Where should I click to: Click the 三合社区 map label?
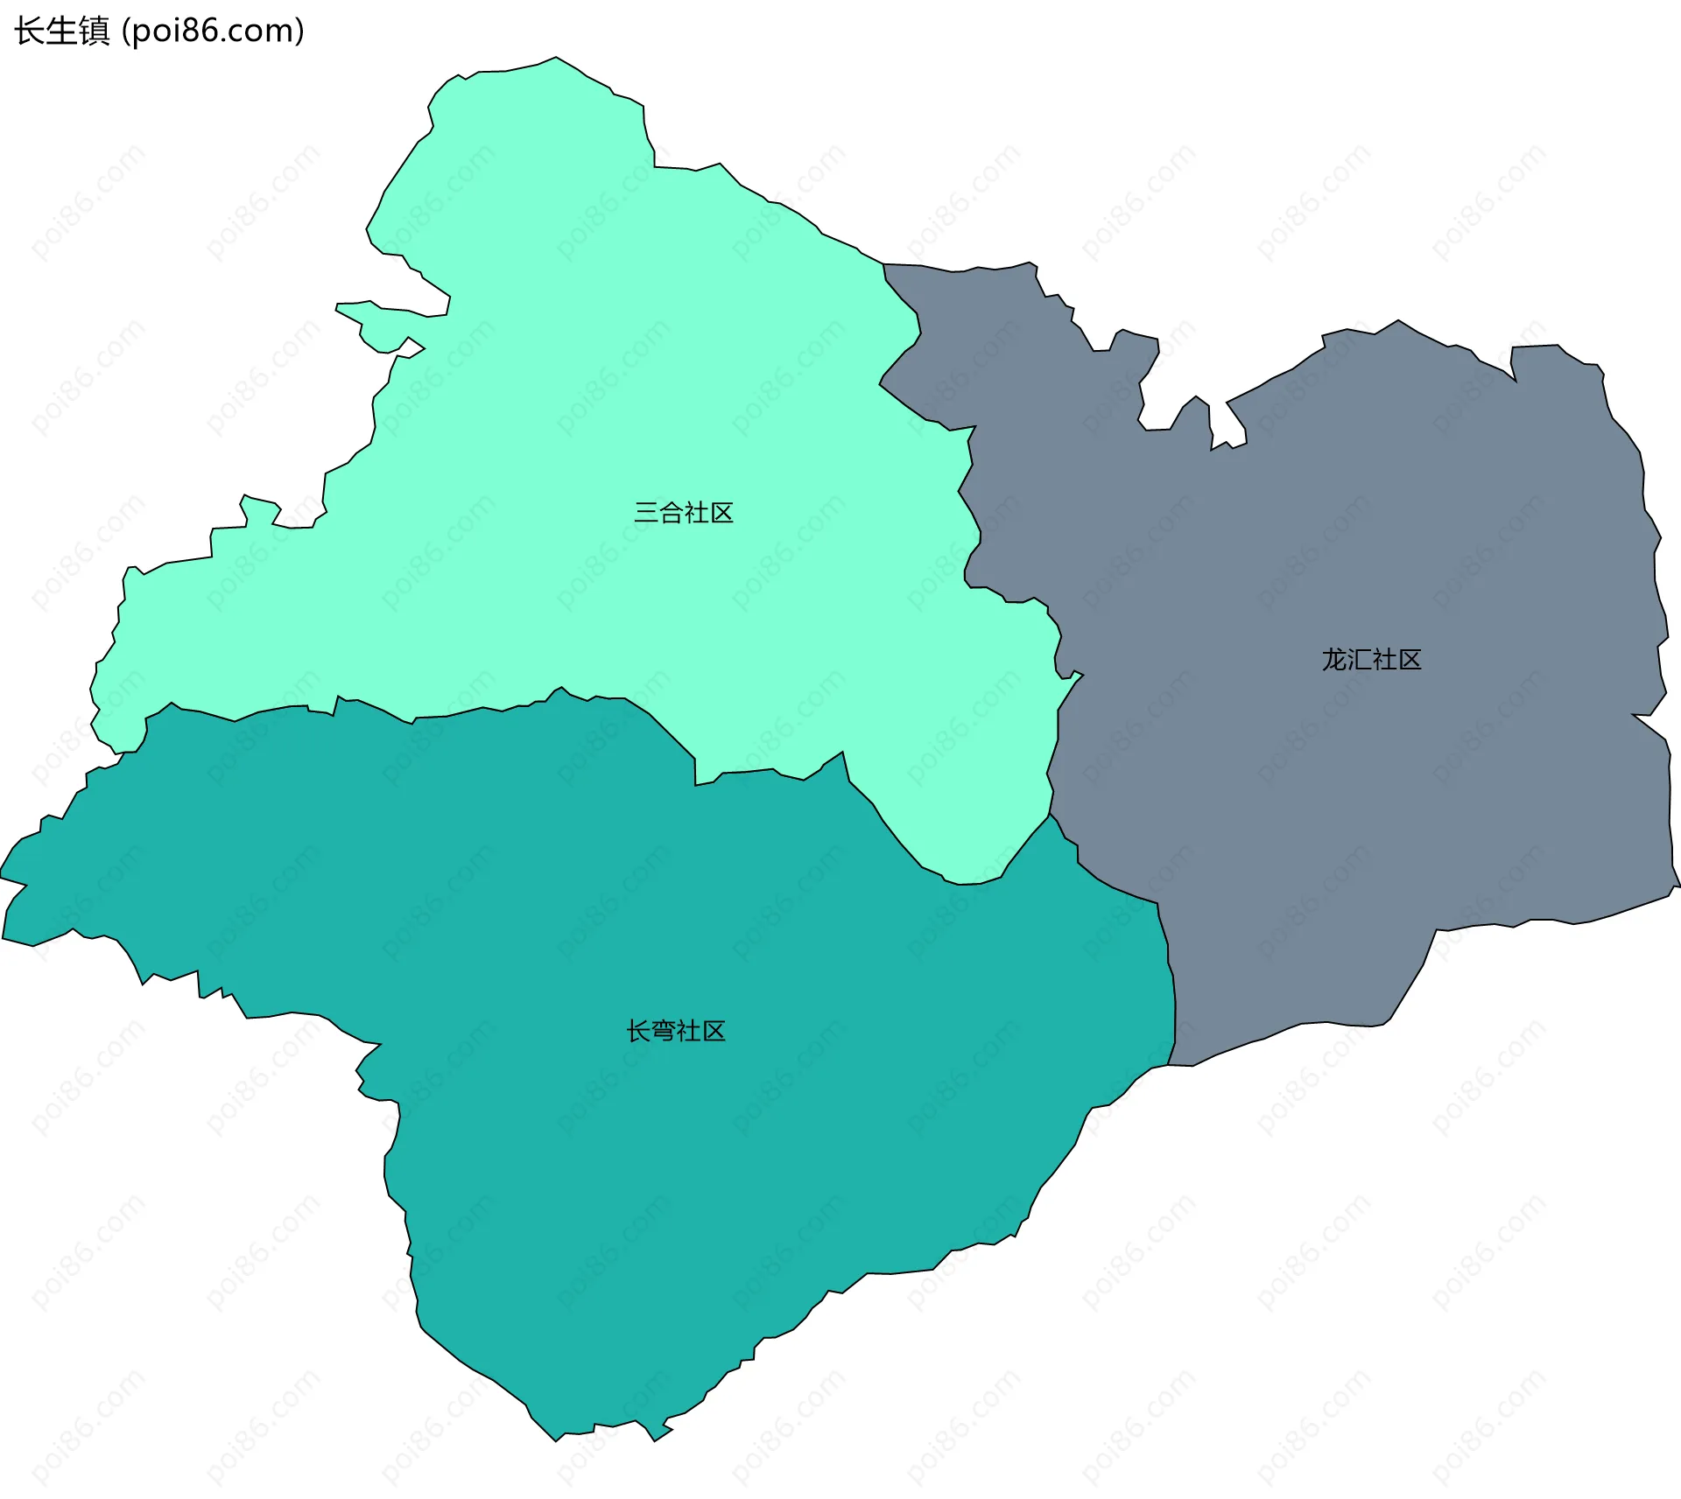[683, 513]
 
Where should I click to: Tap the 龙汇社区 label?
[1371, 660]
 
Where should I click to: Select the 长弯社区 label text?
[676, 1032]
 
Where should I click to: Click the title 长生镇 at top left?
[61, 32]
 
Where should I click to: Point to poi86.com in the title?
[213, 32]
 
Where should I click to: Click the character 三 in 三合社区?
[646, 513]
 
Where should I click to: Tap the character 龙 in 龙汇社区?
[1334, 660]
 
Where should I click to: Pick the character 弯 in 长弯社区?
[664, 1032]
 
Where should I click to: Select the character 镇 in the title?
[95, 32]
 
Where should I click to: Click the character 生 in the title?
[61, 32]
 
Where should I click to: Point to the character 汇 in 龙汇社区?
[1359, 660]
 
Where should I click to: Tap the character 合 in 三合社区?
[671, 513]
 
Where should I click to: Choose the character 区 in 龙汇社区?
[1410, 660]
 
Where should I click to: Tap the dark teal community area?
[700, 1138]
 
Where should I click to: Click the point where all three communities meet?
[1050, 816]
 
